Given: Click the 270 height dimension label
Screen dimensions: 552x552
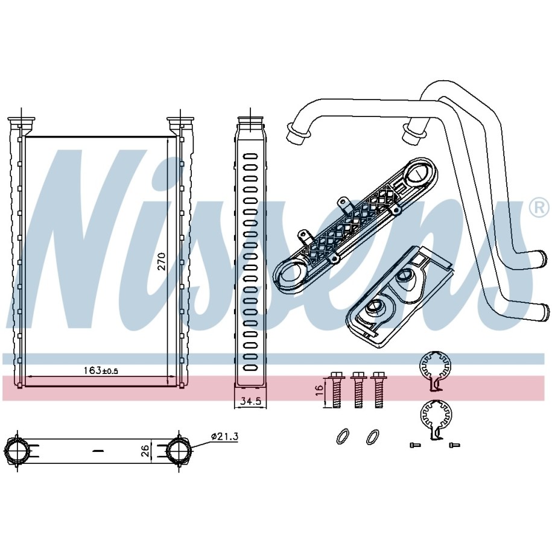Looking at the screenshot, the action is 161,261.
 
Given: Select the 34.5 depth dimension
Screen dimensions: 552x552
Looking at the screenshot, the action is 250,401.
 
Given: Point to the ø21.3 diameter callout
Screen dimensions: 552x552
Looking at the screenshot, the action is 224,437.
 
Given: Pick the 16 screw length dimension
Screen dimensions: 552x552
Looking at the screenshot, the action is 319,390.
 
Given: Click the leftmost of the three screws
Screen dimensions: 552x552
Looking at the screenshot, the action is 336,389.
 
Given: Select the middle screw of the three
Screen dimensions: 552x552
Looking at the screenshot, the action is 358,389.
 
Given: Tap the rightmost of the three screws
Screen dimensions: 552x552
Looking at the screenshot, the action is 379,389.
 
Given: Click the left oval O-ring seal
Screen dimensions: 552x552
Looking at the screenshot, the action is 342,437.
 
